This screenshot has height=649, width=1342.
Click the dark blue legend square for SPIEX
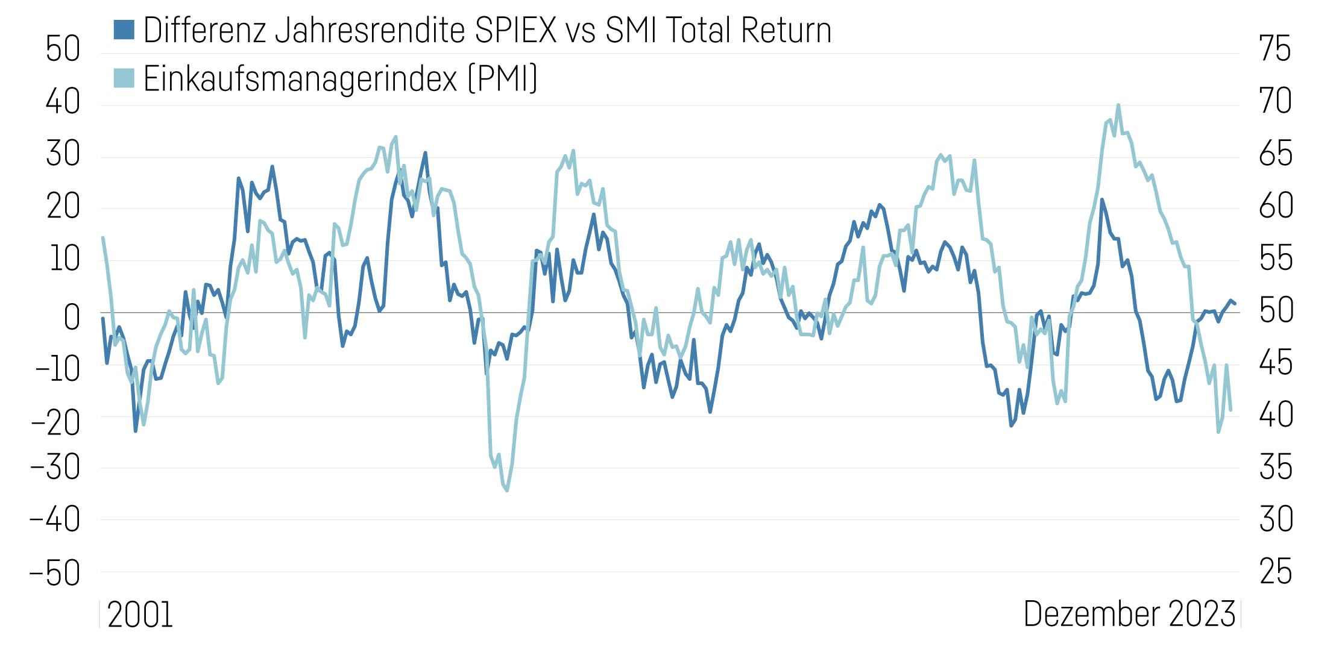pyautogui.click(x=124, y=30)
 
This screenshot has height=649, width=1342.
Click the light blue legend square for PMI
pyautogui.click(x=124, y=78)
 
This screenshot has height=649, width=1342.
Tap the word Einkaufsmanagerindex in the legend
pyautogui.click(x=300, y=79)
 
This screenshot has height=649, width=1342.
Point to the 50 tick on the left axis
pyautogui.click(x=63, y=49)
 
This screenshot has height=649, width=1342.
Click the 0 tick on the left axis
pyautogui.click(x=71, y=317)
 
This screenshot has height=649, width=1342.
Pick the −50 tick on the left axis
pyautogui.click(x=55, y=573)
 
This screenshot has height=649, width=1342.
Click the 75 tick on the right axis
pyautogui.click(x=1275, y=49)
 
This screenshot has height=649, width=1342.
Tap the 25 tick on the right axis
pyautogui.click(x=1276, y=572)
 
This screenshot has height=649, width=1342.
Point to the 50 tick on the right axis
pyautogui.click(x=1276, y=311)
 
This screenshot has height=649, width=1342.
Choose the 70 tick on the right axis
pyautogui.click(x=1276, y=101)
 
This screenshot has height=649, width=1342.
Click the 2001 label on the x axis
pyautogui.click(x=140, y=615)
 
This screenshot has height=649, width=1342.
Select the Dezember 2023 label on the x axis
pyautogui.click(x=1129, y=614)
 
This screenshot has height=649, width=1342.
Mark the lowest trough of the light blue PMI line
pyautogui.click(x=507, y=490)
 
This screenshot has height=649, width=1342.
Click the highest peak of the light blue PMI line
pyautogui.click(x=1118, y=105)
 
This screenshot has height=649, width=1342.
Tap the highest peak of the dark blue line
pyautogui.click(x=425, y=153)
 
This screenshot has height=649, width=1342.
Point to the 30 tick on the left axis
pyautogui.click(x=63, y=154)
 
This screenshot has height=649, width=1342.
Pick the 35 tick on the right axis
pyautogui.click(x=1276, y=467)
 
